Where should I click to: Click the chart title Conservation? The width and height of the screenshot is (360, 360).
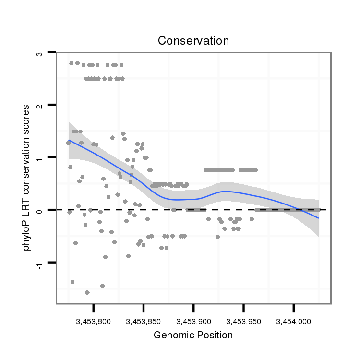tap(193, 41)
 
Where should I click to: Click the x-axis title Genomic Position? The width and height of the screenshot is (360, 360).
tap(193, 335)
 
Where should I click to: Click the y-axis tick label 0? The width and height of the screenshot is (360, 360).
tap(40, 210)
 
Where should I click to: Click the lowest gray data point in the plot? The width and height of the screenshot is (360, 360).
tap(87, 292)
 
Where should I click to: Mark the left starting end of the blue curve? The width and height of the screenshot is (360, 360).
tap(69, 140)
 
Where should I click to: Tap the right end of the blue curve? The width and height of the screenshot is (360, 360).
tap(318, 218)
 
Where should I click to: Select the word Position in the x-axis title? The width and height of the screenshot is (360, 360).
tap(214, 335)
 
